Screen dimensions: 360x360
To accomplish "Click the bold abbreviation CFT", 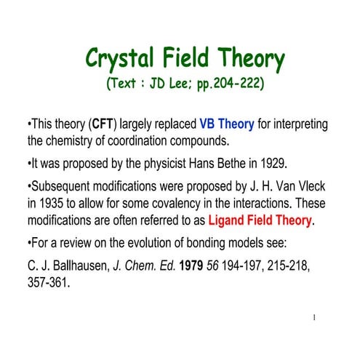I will [100, 124].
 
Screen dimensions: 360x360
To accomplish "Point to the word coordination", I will [137, 140].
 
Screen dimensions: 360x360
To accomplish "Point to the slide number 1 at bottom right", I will [313, 317].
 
